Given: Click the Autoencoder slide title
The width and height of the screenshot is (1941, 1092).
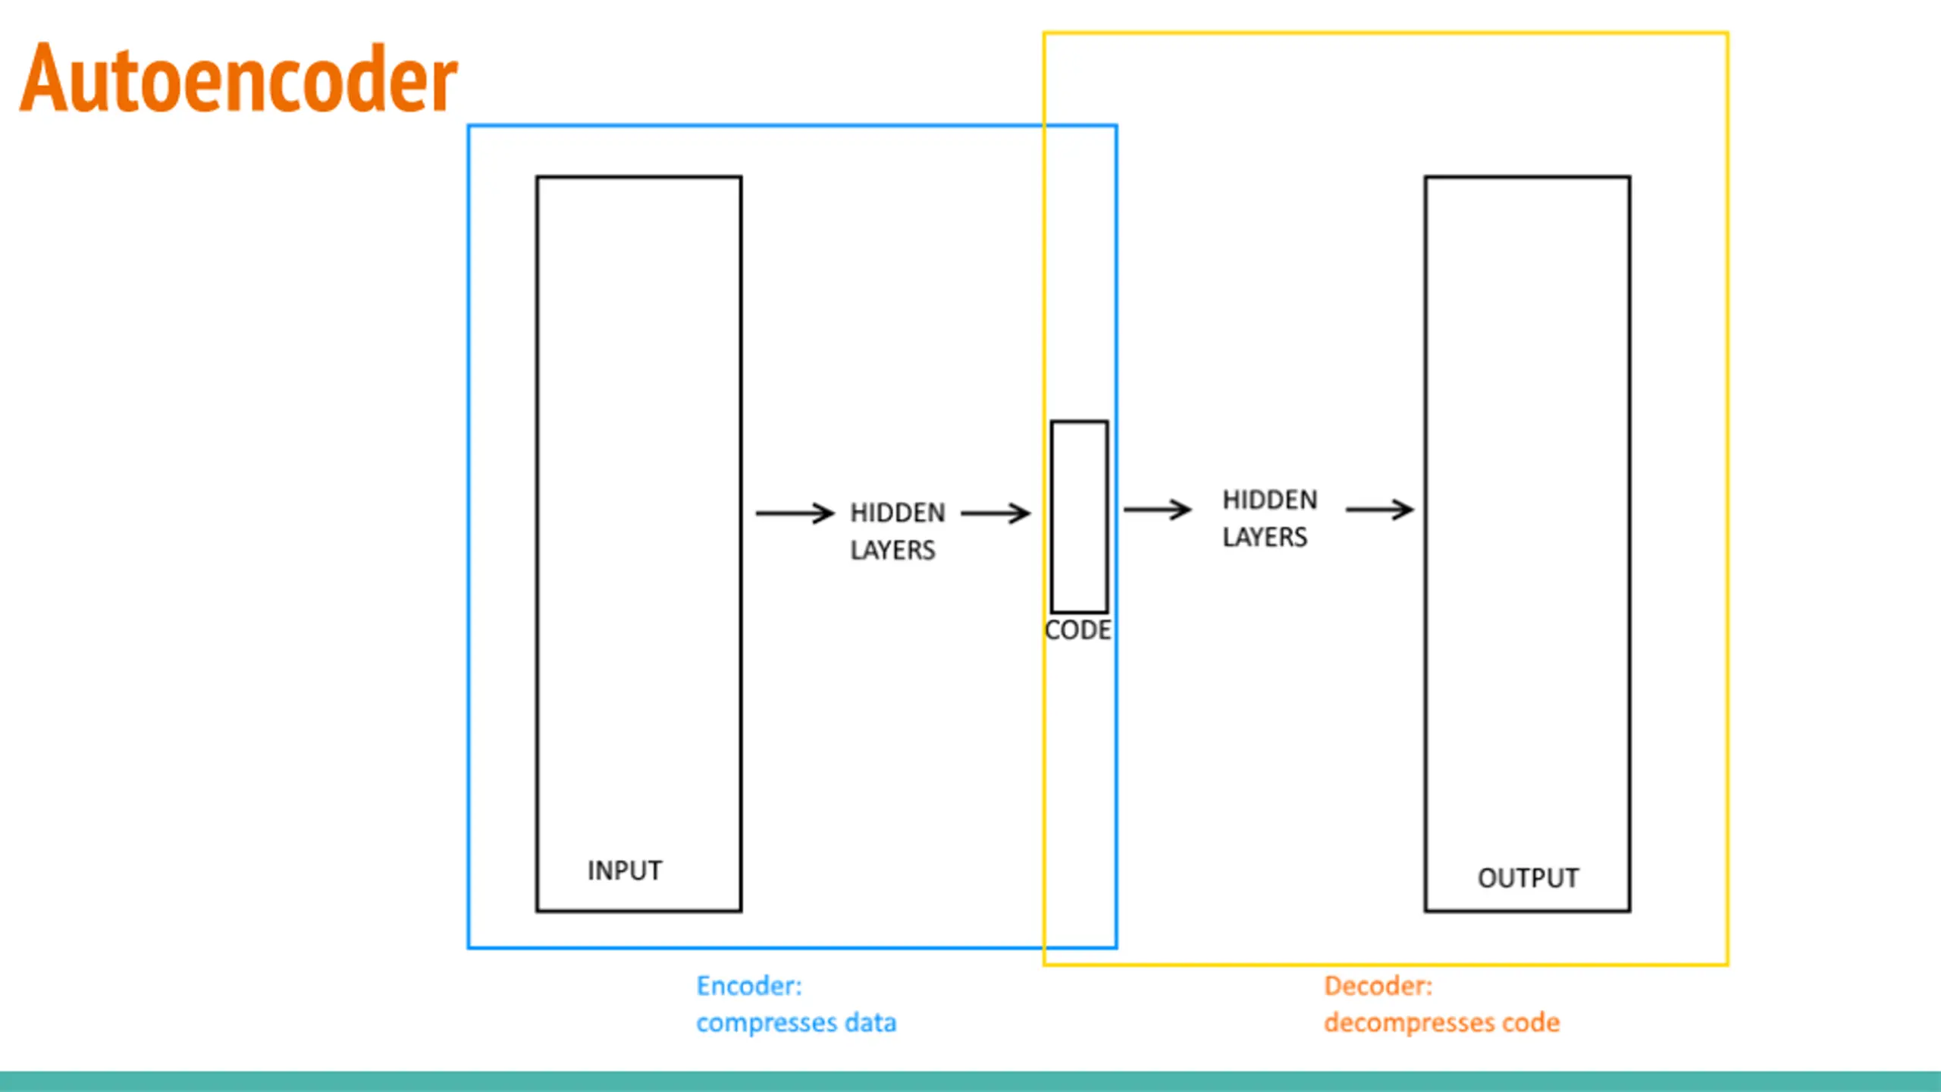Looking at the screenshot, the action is pos(238,78).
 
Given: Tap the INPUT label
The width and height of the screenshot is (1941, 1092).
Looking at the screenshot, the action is pos(625,871).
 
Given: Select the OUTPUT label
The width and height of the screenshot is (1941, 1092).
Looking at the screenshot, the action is pos(1528,878).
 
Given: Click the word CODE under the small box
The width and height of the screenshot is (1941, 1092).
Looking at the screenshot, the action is pos(1077,630).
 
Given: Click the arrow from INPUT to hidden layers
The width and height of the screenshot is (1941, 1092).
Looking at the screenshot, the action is pos(795,513).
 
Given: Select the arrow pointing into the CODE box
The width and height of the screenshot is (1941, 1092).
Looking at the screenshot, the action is pos(996,513).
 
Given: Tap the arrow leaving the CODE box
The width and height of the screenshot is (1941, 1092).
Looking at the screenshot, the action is pos(1157,510).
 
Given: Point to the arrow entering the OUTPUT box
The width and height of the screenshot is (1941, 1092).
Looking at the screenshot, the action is pos(1379,510).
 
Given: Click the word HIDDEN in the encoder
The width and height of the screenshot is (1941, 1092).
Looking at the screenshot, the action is pos(898,513).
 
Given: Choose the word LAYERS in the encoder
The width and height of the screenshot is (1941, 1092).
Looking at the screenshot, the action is pos(892,551).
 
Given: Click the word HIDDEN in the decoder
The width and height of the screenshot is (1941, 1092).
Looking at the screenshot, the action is pos(1270,500).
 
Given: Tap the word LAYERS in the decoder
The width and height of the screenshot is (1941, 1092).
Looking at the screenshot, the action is pos(1265,538).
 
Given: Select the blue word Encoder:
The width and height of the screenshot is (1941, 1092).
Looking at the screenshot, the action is pos(749,986).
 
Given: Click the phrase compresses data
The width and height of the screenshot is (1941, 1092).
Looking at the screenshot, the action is pos(796,1023).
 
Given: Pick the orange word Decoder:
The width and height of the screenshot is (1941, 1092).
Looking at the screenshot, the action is pos(1378,986).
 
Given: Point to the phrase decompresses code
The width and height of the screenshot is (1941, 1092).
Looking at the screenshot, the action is pos(1442,1023).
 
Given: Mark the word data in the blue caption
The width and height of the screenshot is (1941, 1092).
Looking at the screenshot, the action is pos(870,1022).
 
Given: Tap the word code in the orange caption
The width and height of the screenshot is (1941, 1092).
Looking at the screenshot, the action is pos(1532,1022).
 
